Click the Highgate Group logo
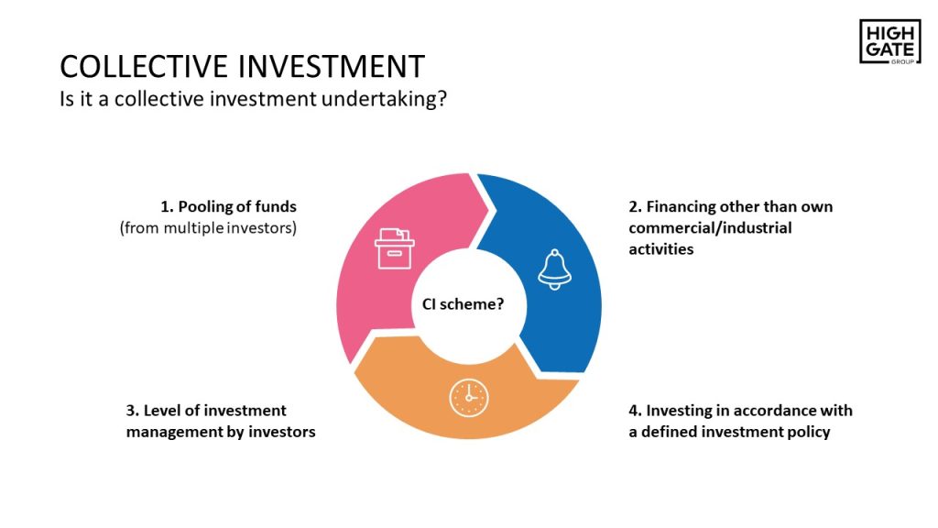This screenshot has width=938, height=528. pos(889,41)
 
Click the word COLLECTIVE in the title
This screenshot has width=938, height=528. pos(144,66)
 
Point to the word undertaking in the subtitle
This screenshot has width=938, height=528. pos(384,99)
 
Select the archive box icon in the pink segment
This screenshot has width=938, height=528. pos(394,248)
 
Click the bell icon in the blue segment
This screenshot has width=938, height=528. pos(554,269)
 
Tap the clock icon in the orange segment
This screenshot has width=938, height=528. pos(469,398)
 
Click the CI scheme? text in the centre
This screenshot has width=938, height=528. pos(463,304)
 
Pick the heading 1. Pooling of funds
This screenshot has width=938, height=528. pos(228,206)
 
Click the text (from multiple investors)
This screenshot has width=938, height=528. pos(208,228)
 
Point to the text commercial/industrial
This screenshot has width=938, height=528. pos(710,228)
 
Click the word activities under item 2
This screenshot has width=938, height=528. pos(661,249)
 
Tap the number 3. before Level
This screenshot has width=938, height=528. pos(132,411)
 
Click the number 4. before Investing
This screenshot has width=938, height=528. pos(636,411)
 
